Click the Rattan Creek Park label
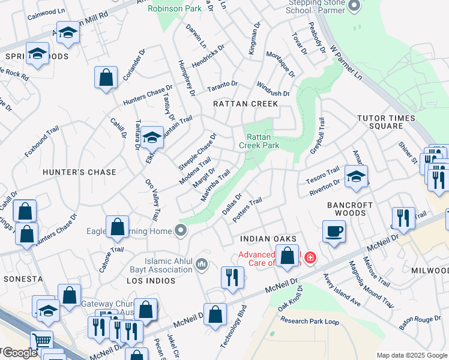pyautogui.click(x=259, y=140)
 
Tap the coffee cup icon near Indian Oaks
pyautogui.click(x=334, y=231)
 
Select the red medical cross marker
pyautogui.click(x=310, y=258)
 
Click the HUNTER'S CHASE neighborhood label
pyautogui.click(x=80, y=172)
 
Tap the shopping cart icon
pyautogui.click(x=41, y=341)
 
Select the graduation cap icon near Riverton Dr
pyautogui.click(x=357, y=176)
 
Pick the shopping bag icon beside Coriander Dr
pyautogui.click(x=106, y=78)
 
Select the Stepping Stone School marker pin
pyautogui.click(x=354, y=6)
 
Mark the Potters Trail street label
pyautogui.click(x=247, y=210)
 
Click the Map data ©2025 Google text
pyautogui.click(x=411, y=355)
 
